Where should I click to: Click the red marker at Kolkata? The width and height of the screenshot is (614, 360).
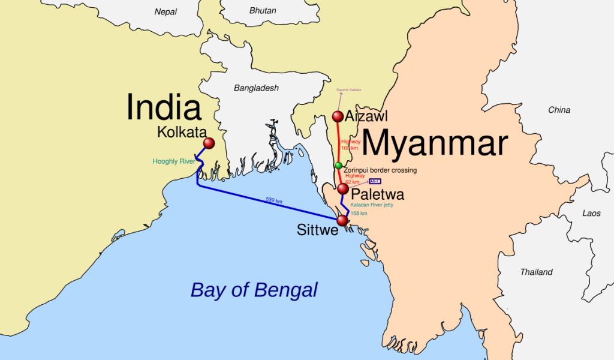tap(209, 143)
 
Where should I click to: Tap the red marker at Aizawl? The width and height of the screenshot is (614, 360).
tap(338, 116)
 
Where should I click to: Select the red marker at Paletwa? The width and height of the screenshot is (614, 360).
tap(342, 189)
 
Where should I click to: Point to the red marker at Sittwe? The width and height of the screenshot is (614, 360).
tap(342, 221)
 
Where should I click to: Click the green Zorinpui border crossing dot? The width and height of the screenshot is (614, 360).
tap(339, 165)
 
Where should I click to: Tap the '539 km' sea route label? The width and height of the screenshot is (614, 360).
tap(273, 201)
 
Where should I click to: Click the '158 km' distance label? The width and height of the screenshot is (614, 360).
tap(359, 213)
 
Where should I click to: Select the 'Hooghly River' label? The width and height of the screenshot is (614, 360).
tap(174, 161)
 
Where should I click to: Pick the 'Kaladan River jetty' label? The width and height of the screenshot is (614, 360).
tap(375, 205)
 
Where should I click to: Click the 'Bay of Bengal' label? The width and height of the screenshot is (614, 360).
tap(254, 290)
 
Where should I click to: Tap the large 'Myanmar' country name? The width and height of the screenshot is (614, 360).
tap(435, 145)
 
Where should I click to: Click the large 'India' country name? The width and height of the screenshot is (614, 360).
tap(163, 108)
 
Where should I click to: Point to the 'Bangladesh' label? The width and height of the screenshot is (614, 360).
tap(256, 88)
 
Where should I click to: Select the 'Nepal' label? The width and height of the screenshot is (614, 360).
tap(165, 11)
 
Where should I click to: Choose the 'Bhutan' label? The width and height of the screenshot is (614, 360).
tap(263, 11)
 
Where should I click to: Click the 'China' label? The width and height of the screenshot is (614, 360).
tap(559, 110)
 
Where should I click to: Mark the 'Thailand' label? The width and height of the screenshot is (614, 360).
tap(536, 272)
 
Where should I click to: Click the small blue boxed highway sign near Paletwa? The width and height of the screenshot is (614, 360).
tap(375, 181)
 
